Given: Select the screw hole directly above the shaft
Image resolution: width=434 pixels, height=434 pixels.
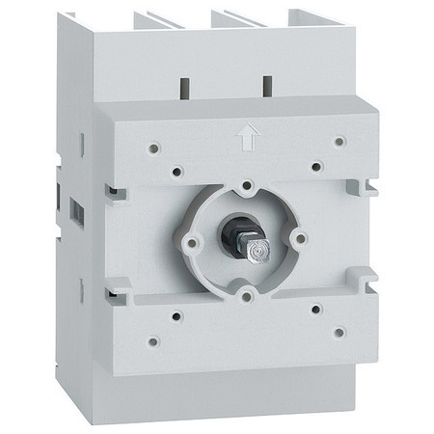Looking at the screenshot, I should [x=247, y=183].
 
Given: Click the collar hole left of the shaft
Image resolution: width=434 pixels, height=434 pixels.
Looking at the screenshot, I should [x=192, y=242].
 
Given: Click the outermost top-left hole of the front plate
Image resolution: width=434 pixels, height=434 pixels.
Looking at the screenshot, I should [x=153, y=149].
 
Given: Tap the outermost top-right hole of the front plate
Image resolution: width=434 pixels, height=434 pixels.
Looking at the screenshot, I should [x=339, y=141].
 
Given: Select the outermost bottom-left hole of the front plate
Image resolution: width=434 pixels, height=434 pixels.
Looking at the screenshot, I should [x=152, y=340].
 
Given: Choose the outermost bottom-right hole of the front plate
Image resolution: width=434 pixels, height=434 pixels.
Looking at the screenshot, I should [x=339, y=332].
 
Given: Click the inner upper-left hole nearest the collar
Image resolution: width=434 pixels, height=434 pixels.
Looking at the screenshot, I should [x=176, y=172].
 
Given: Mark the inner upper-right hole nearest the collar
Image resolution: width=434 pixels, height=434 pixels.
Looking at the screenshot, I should [x=316, y=165].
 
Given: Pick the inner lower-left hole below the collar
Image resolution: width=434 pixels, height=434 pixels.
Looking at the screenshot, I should [x=176, y=314].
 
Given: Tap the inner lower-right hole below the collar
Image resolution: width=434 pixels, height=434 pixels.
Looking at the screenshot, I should [x=316, y=309].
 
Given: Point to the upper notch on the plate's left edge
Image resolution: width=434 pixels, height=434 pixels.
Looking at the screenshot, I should [x=115, y=193].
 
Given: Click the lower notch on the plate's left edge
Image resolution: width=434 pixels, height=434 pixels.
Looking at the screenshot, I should [x=115, y=285].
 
